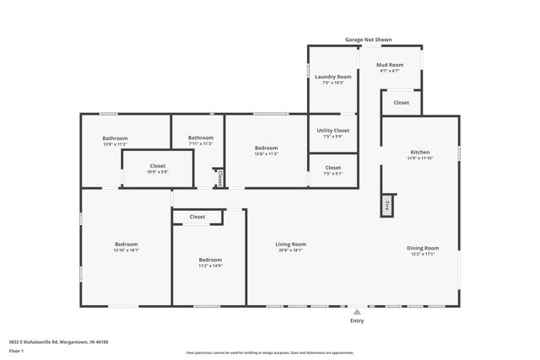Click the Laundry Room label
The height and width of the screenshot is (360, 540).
click(333, 77)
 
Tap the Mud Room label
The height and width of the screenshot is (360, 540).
click(389, 65)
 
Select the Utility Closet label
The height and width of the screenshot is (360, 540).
click(333, 130)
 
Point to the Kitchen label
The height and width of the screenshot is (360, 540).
click(419, 152)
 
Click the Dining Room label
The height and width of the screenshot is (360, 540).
click(423, 248)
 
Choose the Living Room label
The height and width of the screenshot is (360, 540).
click(290, 244)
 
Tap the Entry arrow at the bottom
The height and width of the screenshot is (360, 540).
click(357, 311)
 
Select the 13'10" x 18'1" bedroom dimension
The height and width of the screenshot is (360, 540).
click(127, 250)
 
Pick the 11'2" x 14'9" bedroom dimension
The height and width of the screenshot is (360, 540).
click(210, 266)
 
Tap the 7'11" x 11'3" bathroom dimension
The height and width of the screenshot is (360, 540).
click(201, 144)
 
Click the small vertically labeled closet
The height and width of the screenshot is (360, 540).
click(219, 179)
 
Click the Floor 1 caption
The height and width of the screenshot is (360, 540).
click(28, 350)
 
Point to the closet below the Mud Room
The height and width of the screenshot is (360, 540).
click(401, 103)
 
